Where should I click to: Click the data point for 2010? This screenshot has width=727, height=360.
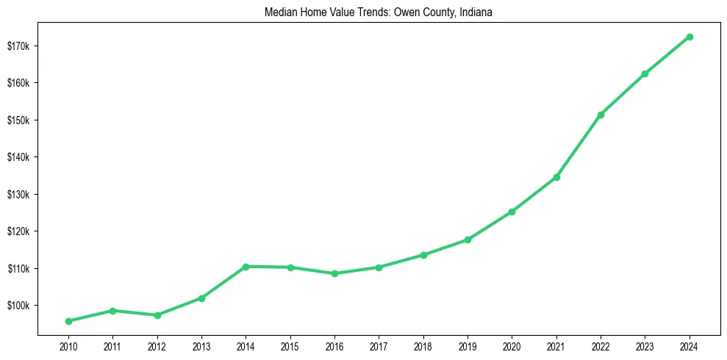[x=68, y=321]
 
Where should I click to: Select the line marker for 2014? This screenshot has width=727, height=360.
[x=246, y=267]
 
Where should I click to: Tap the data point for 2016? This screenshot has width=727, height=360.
[x=334, y=273]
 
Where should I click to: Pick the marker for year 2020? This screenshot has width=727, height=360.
[x=512, y=212]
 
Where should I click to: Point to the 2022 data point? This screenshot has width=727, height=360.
[x=601, y=115]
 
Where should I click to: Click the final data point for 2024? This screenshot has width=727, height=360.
[x=690, y=37]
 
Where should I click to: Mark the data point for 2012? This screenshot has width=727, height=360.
[x=157, y=315]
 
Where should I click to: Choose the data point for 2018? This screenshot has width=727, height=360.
[x=423, y=255]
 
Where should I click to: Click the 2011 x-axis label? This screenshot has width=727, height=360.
[x=112, y=345]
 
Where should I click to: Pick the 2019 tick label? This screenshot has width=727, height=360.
[x=468, y=345]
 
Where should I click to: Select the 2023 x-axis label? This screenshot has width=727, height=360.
[x=645, y=345]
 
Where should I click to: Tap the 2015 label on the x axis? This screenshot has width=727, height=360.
[x=290, y=345]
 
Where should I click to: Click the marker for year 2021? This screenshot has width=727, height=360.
[x=556, y=177]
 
